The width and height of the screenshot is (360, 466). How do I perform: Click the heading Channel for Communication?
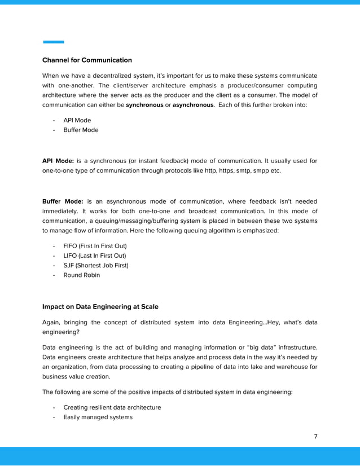coord(87,60)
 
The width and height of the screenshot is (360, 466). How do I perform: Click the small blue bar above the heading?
coord(54,42)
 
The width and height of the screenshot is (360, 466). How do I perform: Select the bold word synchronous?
coord(144,105)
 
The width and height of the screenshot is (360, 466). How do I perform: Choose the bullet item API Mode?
coord(77,120)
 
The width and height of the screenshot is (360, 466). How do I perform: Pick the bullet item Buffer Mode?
coord(81,130)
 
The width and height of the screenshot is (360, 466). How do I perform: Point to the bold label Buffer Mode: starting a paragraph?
coord(63,201)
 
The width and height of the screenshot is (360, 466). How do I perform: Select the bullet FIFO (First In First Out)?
coord(95,246)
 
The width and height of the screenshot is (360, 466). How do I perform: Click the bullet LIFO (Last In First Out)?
coord(94,256)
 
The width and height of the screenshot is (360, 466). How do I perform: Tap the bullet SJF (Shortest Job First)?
coord(95,265)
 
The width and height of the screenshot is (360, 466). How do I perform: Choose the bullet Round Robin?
coord(81,275)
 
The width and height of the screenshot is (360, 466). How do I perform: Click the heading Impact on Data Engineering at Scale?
coord(100,307)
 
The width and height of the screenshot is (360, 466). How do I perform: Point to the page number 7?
coord(315,437)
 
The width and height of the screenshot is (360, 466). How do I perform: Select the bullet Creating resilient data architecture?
coord(112,407)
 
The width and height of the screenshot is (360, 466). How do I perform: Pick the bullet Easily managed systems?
coord(98,417)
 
